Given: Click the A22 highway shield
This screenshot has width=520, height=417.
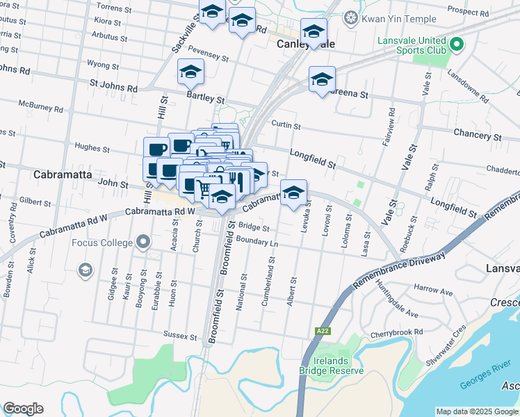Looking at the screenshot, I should coord(322,331).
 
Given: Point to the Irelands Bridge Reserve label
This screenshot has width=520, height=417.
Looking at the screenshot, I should coord(332,366).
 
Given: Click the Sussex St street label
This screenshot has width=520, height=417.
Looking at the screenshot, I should coord(180,336).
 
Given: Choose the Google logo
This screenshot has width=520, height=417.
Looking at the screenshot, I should coord(23,409).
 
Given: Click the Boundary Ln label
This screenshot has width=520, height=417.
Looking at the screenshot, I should coord(257,240).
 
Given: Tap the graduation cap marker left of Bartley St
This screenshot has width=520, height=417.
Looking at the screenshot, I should coord(190,73).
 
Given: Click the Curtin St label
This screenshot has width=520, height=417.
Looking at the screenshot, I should coord(286,126).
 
